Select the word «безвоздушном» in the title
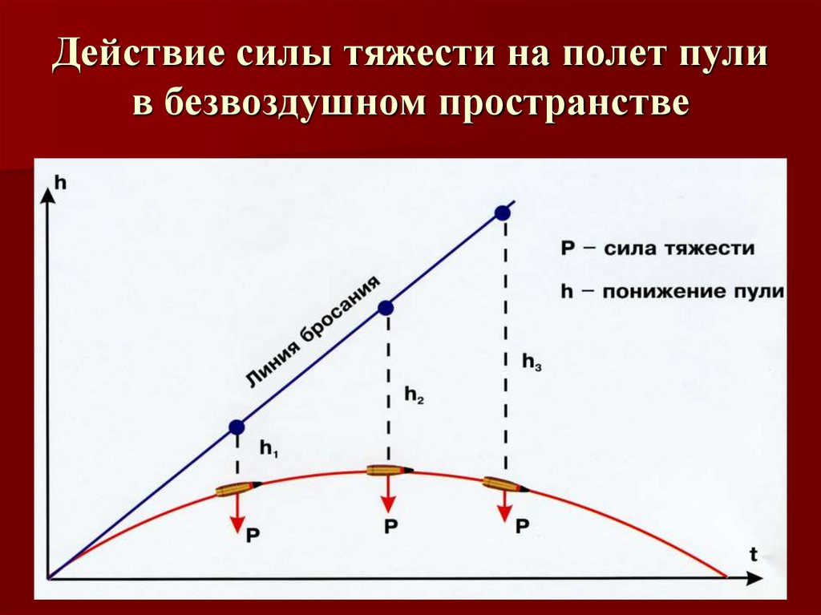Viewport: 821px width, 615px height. (x=296, y=105)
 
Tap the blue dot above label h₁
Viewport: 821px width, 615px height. (x=236, y=427)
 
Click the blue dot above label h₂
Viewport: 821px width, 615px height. (x=386, y=307)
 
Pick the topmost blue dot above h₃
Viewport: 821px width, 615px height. (x=503, y=212)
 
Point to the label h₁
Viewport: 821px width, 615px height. (x=268, y=449)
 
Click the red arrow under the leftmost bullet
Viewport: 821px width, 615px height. (x=237, y=513)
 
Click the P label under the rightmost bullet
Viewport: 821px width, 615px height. (x=522, y=527)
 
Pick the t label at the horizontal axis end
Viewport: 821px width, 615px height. (x=754, y=553)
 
